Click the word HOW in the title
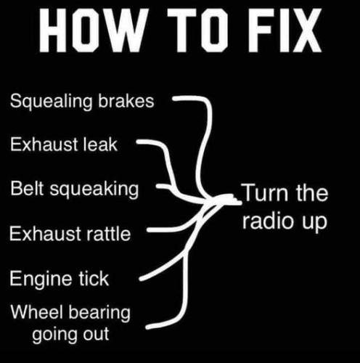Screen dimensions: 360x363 [94, 30]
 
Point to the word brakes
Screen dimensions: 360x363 [126, 100]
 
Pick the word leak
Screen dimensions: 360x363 [100, 144]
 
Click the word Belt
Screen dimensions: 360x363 [27, 188]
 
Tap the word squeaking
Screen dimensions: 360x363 [94, 189]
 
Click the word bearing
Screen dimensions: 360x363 [99, 314]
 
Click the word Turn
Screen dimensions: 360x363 [266, 192]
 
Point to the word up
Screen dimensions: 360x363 [314, 223]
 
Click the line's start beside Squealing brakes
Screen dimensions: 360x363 [173, 99]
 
